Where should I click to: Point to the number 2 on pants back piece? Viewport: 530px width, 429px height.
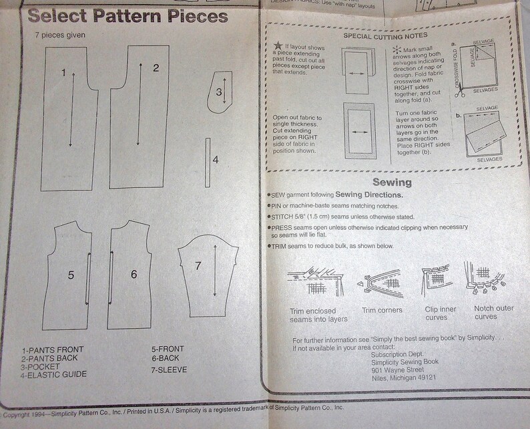click(156, 67)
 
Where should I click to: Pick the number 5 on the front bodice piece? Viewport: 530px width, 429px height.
click(70, 275)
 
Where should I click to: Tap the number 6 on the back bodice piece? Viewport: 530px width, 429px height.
click(134, 275)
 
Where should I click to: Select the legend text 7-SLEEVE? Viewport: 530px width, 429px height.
click(169, 370)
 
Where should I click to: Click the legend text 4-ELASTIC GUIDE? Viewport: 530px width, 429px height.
click(54, 374)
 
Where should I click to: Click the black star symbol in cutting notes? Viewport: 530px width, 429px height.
click(278, 45)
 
